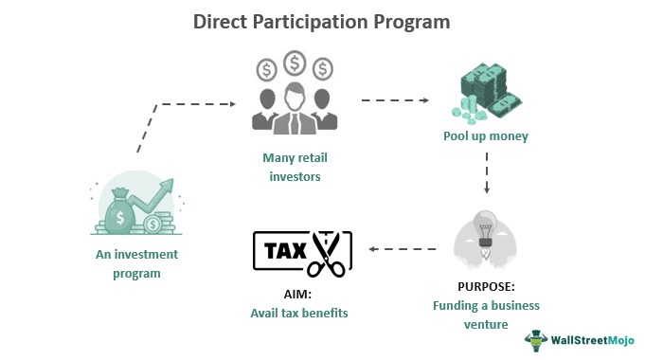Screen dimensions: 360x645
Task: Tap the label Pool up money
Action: pos(486,135)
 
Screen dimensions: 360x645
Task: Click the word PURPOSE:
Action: pos(485,287)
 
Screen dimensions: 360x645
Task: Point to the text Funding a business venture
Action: pos(486,314)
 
